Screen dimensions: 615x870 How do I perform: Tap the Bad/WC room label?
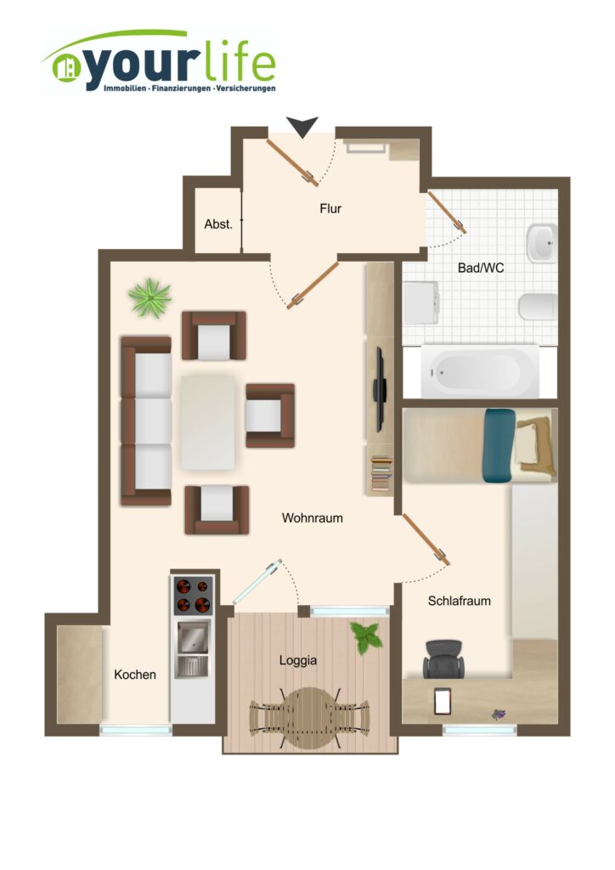pyautogui.click(x=481, y=268)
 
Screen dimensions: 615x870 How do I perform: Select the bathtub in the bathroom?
pyautogui.click(x=480, y=372)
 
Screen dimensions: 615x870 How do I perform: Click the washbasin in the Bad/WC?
pyautogui.click(x=542, y=242)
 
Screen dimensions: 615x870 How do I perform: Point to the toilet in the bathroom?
pyautogui.click(x=538, y=306)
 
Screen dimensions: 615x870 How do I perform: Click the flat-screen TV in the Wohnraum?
pyautogui.click(x=380, y=389)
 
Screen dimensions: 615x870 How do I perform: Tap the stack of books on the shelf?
pyautogui.click(x=381, y=474)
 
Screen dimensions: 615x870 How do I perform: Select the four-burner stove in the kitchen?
pyautogui.click(x=194, y=596)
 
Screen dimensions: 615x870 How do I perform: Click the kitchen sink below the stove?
pyautogui.click(x=193, y=648)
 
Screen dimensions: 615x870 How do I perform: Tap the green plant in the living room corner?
pyautogui.click(x=150, y=298)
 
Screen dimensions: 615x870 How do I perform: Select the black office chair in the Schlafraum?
pyautogui.click(x=443, y=658)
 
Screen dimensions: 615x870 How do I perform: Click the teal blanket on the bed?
pyautogui.click(x=499, y=445)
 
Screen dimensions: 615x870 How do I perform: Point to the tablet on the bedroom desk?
pyautogui.click(x=443, y=702)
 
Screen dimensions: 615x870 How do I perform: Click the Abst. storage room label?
pyautogui.click(x=218, y=224)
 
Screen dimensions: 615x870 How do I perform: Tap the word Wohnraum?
pyautogui.click(x=313, y=518)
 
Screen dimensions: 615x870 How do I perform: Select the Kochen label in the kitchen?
pyautogui.click(x=135, y=675)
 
